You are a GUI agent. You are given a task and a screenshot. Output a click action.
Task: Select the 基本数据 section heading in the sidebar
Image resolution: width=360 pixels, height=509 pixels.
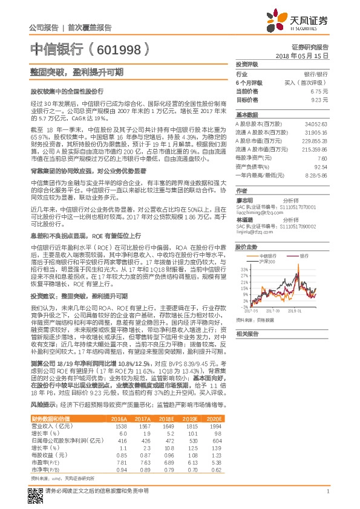246,114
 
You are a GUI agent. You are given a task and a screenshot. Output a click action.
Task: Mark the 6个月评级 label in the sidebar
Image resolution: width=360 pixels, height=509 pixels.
249,82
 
